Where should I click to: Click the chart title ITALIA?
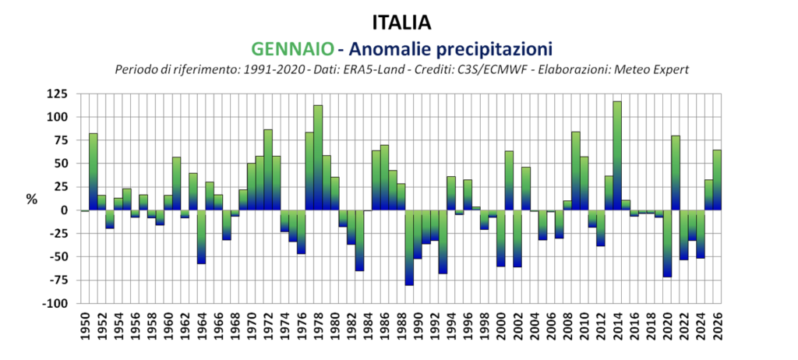tap(403, 19)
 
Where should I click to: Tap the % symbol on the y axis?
tap(31, 199)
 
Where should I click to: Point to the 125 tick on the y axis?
tap(57, 94)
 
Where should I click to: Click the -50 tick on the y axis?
tap(57, 256)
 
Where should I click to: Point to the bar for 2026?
tap(716, 180)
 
